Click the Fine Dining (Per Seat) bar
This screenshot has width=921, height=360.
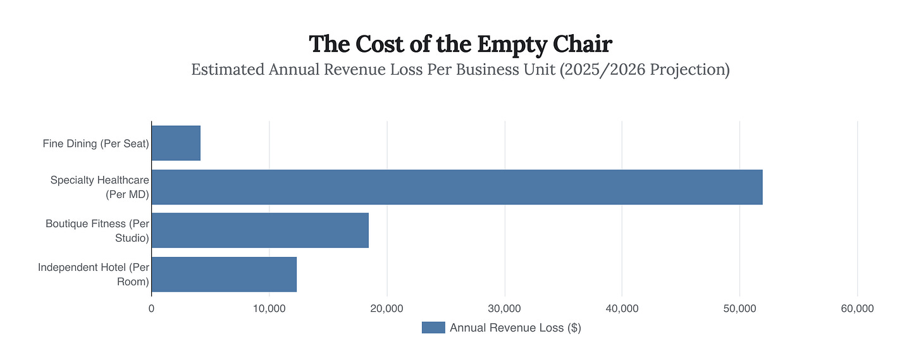pos(176,143)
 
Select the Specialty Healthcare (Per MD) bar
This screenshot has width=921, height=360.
pos(457,187)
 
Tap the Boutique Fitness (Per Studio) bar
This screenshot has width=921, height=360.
pos(260,230)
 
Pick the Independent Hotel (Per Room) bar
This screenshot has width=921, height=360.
pos(224,274)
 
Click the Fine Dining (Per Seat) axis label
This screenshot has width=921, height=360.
pos(96,144)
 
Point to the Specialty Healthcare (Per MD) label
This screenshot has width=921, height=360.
pos(99,187)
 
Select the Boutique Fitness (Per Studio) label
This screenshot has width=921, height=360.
pos(97,231)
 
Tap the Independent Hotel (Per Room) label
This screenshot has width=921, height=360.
pos(93,275)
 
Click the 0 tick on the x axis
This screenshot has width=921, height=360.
pos(151,309)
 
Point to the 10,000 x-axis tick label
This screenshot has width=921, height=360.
pos(269,309)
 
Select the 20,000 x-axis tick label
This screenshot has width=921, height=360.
pos(387,309)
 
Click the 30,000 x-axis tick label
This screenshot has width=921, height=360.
pos(505,309)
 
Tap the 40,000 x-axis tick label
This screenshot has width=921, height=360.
pos(622,309)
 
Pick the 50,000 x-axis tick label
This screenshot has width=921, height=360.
pos(740,309)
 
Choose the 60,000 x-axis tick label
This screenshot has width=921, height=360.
pos(858,309)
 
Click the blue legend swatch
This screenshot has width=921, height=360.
pos(433,328)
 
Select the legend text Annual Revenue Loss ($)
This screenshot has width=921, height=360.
pos(516,328)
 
